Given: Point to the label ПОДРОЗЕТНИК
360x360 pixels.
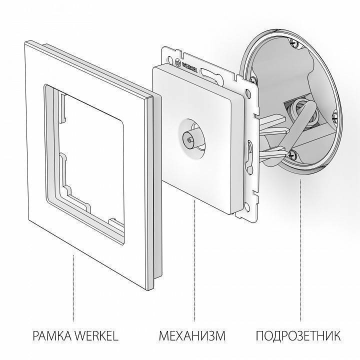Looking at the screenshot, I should (299, 335).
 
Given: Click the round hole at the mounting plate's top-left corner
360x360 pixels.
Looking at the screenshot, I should (166, 51).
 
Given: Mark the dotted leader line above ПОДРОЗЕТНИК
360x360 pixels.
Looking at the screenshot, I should (300, 250).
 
